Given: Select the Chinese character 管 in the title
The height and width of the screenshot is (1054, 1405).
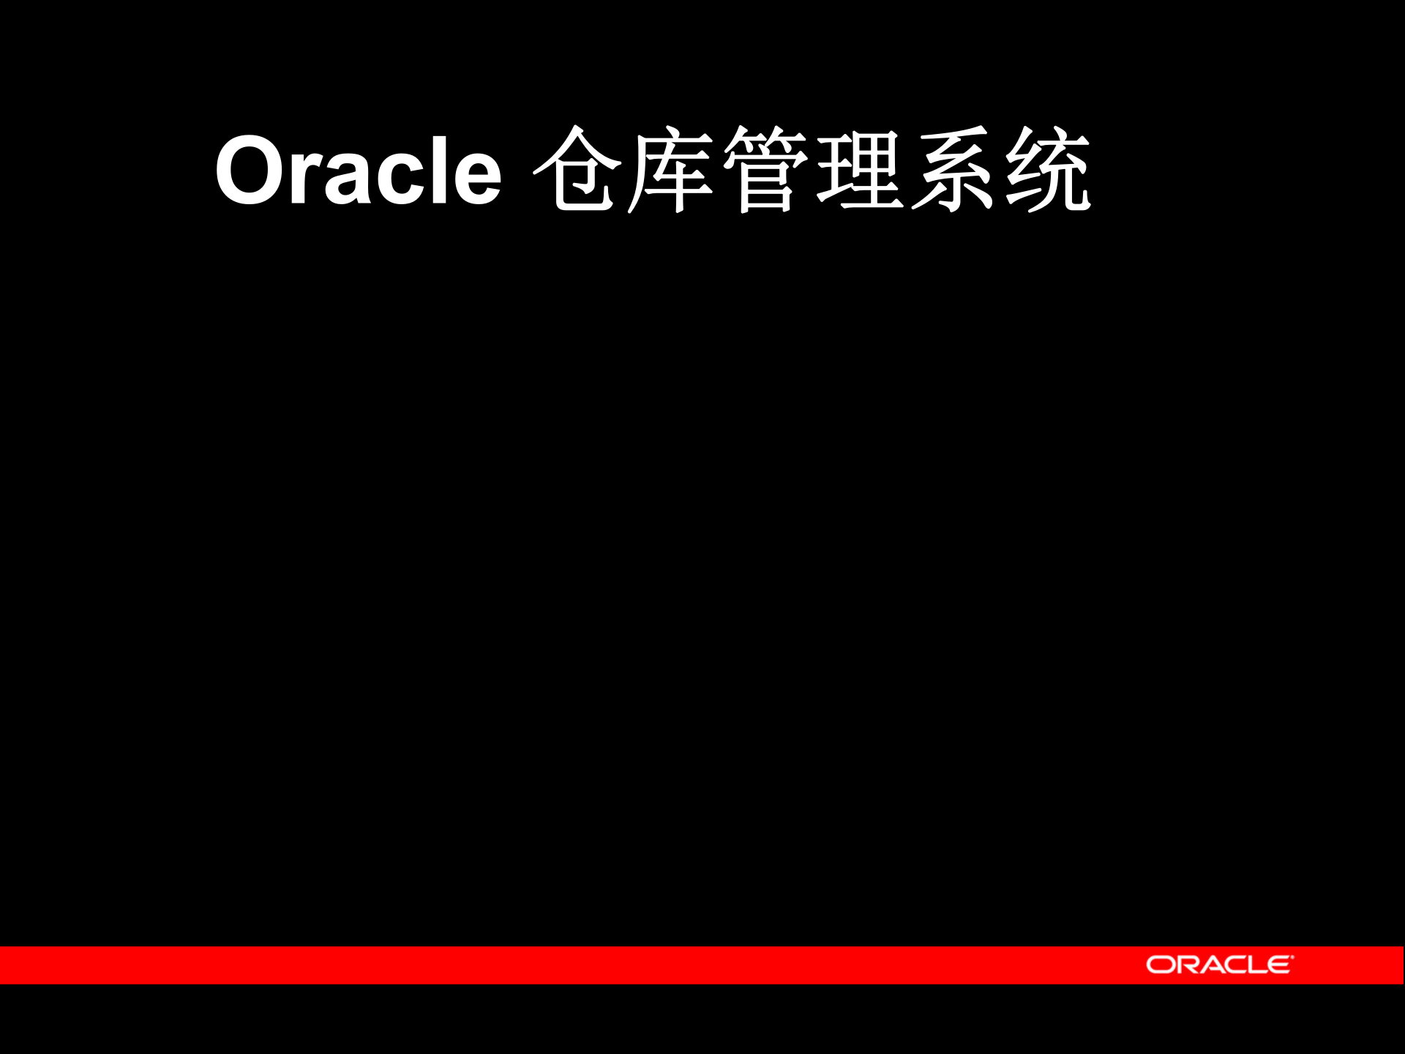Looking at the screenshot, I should (765, 170).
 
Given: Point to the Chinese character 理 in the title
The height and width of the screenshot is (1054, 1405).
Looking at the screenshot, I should (859, 170).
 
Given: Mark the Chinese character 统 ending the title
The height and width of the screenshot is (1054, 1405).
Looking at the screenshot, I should (1048, 170).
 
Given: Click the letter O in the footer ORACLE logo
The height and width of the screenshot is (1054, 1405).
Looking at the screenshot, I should (1159, 965).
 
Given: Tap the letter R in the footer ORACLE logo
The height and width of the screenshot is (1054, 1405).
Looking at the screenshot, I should (1184, 965).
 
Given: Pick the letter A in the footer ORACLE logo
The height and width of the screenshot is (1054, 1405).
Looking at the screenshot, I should (1208, 965).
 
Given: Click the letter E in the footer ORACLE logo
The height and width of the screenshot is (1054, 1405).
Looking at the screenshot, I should (1278, 965).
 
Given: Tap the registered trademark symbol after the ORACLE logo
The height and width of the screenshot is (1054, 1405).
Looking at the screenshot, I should (1292, 957).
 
